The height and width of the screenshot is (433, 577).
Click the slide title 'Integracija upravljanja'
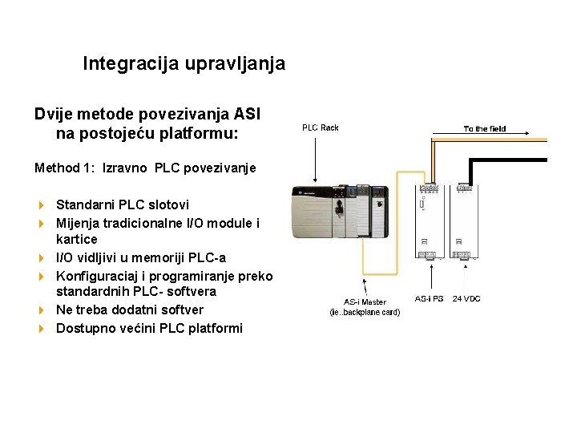coord(184,63)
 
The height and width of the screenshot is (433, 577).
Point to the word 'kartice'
coord(77,240)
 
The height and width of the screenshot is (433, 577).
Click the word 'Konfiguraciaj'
coord(96,275)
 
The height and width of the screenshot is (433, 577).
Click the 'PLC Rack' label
coord(320,128)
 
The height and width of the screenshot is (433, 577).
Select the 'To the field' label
coord(485,129)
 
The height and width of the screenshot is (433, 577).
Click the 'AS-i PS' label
coord(429,298)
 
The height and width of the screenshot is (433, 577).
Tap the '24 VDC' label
coord(466,298)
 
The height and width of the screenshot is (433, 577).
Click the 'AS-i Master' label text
coord(365,302)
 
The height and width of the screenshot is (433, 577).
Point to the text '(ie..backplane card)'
coord(365,313)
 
